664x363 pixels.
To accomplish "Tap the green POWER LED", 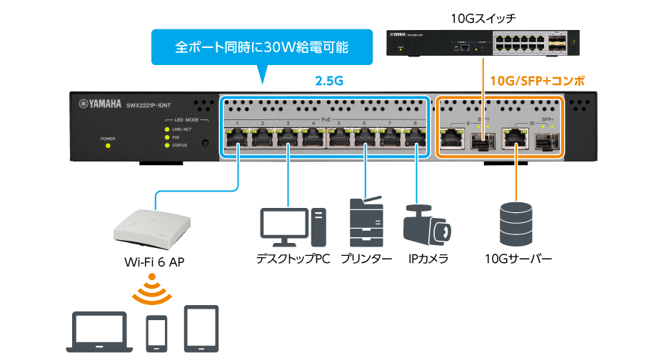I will point(108,146).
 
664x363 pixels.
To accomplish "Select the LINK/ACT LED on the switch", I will point(167,129).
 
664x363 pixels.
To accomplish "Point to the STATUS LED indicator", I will point(167,145).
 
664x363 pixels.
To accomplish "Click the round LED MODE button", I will point(206,144).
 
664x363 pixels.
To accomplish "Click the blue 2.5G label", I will point(329,81).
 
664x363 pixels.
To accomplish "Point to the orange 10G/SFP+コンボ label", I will point(537,81).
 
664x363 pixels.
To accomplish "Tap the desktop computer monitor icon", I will point(283,226).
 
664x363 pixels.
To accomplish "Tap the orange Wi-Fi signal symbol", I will point(151,288).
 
